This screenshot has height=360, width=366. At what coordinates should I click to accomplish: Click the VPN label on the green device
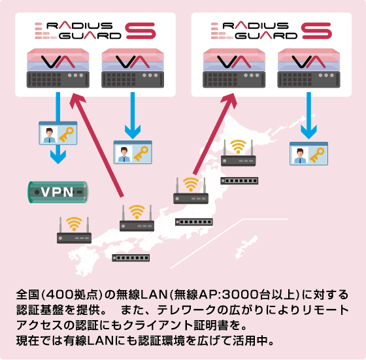coord(58,192)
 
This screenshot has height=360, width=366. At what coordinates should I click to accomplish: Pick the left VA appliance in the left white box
coord(58,71)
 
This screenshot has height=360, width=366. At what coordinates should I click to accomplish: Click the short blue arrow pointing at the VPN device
coord(59,154)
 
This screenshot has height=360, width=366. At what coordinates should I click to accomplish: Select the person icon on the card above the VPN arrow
coord(48,135)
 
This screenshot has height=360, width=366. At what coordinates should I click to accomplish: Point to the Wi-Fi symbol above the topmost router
coord(238,146)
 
